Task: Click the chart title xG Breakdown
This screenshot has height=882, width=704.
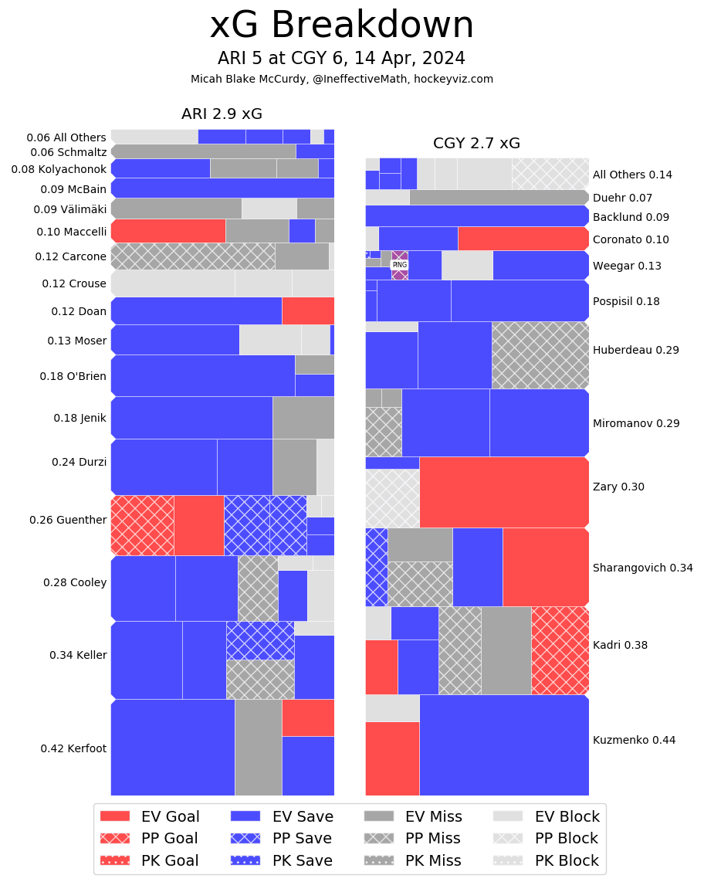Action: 341,25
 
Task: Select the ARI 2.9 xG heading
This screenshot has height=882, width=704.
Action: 222,114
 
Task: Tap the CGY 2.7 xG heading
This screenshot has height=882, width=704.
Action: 476,143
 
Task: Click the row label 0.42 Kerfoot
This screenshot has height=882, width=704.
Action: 73,748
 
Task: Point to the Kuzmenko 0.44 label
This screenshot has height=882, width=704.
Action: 634,740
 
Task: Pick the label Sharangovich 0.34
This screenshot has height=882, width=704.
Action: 642,568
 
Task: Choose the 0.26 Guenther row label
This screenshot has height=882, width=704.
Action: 68,520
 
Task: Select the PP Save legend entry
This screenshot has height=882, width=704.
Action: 281,838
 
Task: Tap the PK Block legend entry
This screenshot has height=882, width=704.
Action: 545,860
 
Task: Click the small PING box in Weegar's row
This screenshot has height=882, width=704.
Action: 399,265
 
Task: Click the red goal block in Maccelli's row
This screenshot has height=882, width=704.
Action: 168,231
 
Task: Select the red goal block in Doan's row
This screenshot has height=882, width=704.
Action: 308,310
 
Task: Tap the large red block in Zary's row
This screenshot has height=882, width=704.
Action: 504,492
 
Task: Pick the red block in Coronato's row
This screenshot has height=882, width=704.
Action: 523,239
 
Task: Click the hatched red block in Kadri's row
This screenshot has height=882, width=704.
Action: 560,650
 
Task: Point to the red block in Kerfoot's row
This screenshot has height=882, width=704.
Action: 308,717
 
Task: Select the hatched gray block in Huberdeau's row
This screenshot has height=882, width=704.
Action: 540,354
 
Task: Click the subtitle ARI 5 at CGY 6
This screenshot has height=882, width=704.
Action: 341,59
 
